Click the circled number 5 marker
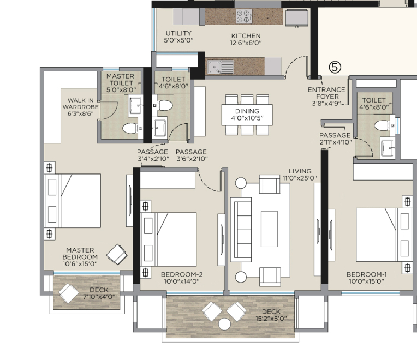tap(335, 67)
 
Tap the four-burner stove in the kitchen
tap(244, 16)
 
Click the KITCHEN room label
tap(246, 36)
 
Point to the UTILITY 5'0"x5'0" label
tap(178, 37)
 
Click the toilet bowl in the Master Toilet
tap(130, 128)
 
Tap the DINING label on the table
tap(247, 111)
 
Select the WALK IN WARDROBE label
tap(81, 104)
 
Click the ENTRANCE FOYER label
tap(326, 93)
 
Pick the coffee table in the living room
tap(269, 229)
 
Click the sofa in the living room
tap(241, 230)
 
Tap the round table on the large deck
tap(224, 324)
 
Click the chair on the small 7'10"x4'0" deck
tap(69, 293)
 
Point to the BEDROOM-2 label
tap(182, 274)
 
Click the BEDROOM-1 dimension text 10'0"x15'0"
tap(366, 281)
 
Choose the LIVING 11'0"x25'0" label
tap(300, 175)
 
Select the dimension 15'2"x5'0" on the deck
tap(271, 319)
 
